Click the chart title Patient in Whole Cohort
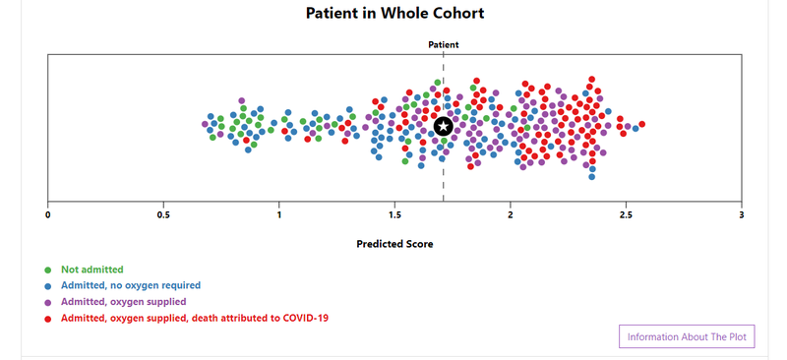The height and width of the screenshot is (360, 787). click(394, 14)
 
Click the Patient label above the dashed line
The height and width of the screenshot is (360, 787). click(443, 44)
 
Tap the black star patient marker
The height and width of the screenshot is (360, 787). click(444, 126)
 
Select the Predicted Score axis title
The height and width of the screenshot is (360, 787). click(394, 244)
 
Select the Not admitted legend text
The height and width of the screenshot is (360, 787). click(92, 269)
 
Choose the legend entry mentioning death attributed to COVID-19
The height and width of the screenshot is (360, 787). click(194, 318)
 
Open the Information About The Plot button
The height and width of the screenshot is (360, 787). click(687, 337)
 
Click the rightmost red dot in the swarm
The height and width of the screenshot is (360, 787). click(641, 124)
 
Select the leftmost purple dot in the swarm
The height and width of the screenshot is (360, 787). click(205, 124)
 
